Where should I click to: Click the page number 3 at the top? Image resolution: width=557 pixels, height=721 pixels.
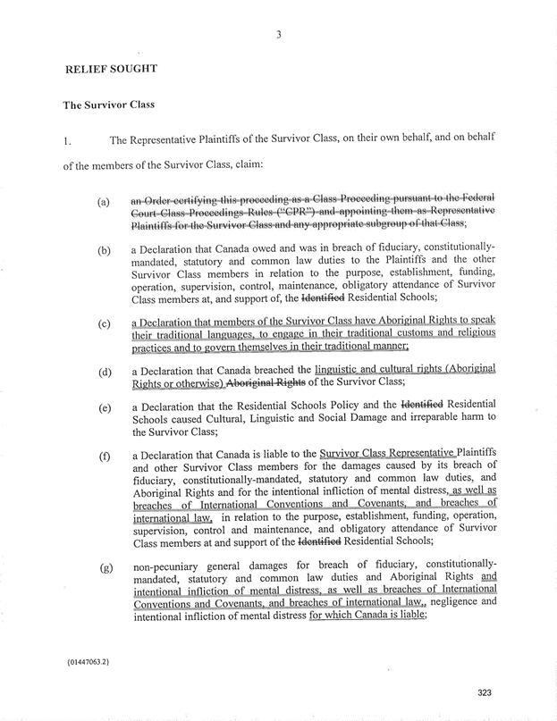coord(279,36)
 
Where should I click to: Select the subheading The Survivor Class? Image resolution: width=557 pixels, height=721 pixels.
coord(108,105)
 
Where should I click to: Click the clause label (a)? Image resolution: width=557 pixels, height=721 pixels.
coord(105,203)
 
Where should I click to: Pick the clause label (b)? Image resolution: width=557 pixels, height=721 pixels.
coord(105,252)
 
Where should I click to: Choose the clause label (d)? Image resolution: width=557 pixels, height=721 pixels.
coord(105,371)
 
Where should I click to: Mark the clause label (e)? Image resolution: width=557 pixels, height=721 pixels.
coord(105,408)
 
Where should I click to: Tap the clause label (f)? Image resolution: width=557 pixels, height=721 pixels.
coord(105,457)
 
